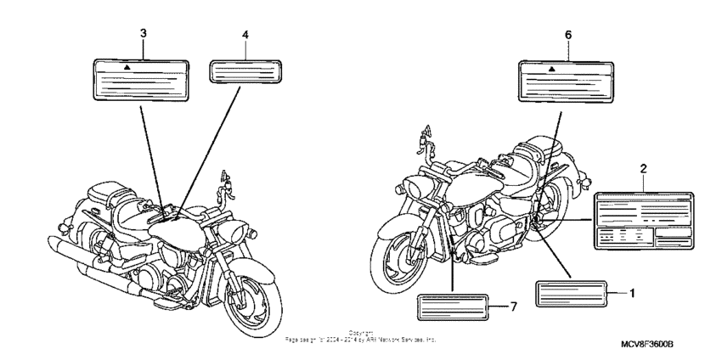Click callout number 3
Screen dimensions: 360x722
pos(143,33)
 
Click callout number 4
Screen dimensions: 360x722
pos(245,35)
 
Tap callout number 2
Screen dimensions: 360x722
pos(643,170)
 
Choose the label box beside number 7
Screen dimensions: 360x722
pos(454,306)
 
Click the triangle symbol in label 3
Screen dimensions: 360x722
pos(126,65)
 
